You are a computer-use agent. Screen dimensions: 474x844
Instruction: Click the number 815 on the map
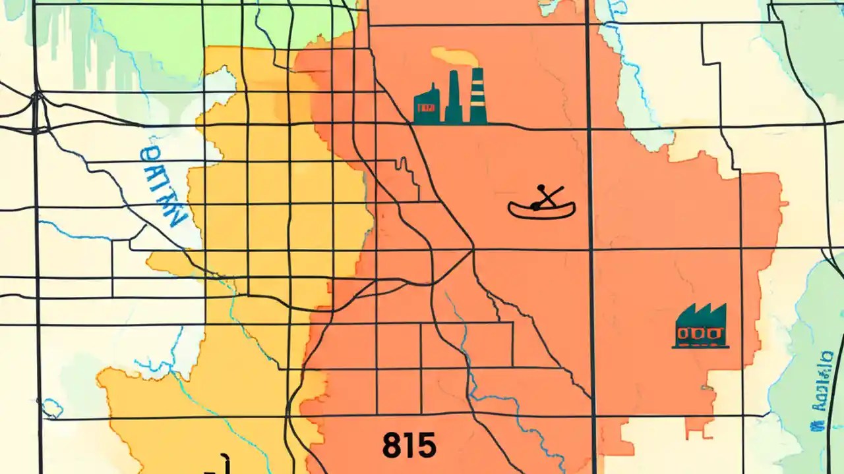[409, 446]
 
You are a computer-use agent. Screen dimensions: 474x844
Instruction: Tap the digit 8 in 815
[391, 446]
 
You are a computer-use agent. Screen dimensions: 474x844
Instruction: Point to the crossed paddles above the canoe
[547, 196]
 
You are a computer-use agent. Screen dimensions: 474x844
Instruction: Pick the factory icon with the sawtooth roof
[701, 326]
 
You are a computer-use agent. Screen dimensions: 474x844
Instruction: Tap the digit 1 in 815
[409, 446]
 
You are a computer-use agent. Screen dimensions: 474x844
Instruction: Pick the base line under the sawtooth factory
[701, 346]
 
